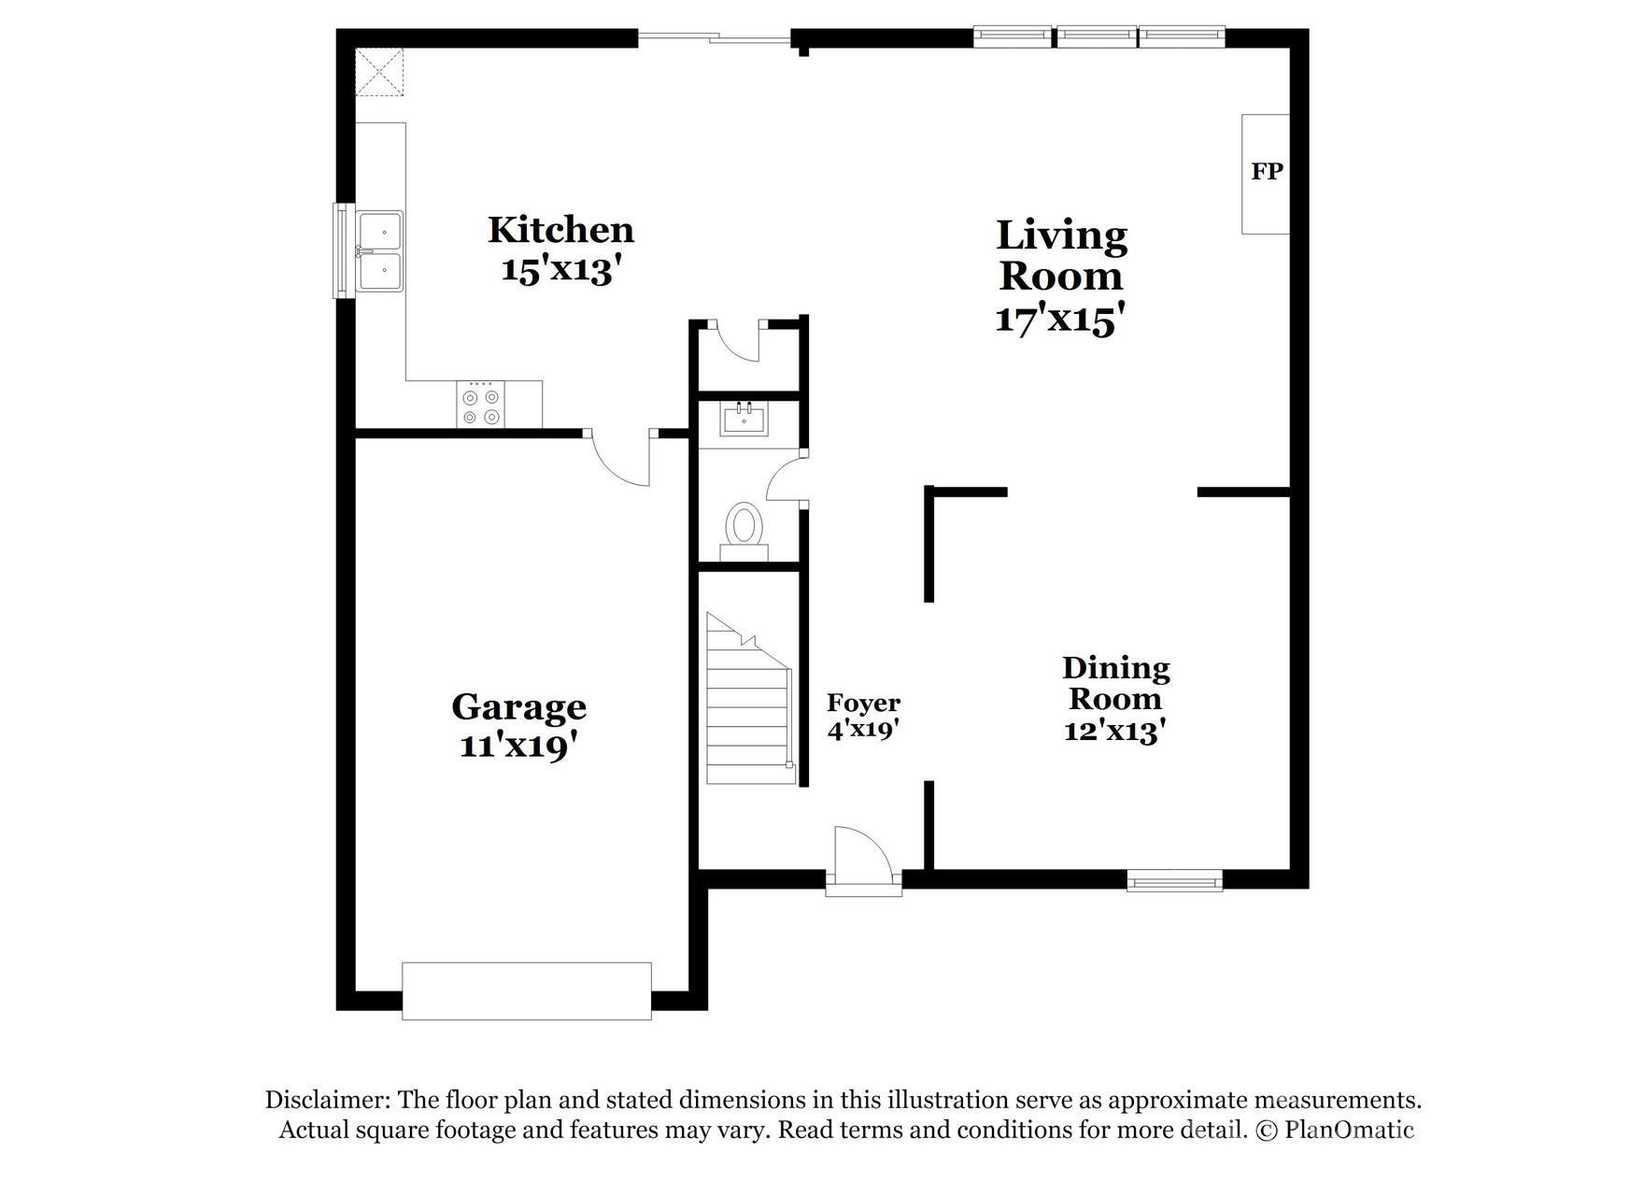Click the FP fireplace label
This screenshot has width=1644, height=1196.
(1267, 172)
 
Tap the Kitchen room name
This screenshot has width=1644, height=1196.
(560, 230)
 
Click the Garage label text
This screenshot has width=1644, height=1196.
(518, 706)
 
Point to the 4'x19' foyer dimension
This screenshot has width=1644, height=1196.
(862, 730)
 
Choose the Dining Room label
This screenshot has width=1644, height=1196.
(1115, 683)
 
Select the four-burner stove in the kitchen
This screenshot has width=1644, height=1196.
(481, 406)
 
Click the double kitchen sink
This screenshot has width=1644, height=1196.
(381, 251)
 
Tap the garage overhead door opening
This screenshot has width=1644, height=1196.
(526, 990)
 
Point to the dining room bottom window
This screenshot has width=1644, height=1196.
(1174, 880)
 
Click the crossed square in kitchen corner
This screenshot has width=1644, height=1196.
(380, 72)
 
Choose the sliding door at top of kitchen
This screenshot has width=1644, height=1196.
(715, 38)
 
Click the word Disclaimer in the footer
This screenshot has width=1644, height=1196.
(326, 1100)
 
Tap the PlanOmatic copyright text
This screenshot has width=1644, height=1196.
(1336, 1130)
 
